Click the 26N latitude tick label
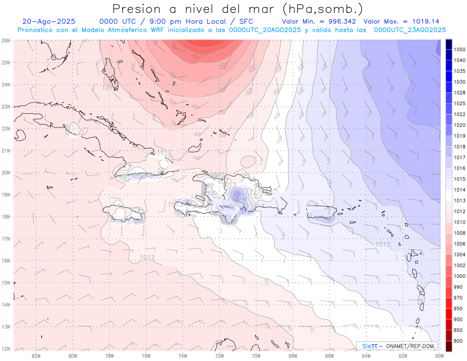(x=5, y=40)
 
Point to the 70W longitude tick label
(x=256, y=355)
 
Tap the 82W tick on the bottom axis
(x=36, y=355)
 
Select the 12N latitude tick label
(x=5, y=349)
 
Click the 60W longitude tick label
(x=439, y=355)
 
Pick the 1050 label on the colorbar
(x=459, y=49)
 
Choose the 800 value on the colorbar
(x=458, y=341)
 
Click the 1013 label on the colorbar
(x=459, y=201)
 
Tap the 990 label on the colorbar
(x=458, y=287)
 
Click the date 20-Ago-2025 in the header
(x=49, y=21)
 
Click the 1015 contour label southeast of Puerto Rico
(x=383, y=244)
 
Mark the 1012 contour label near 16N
(x=147, y=257)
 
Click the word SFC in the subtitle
(x=246, y=21)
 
